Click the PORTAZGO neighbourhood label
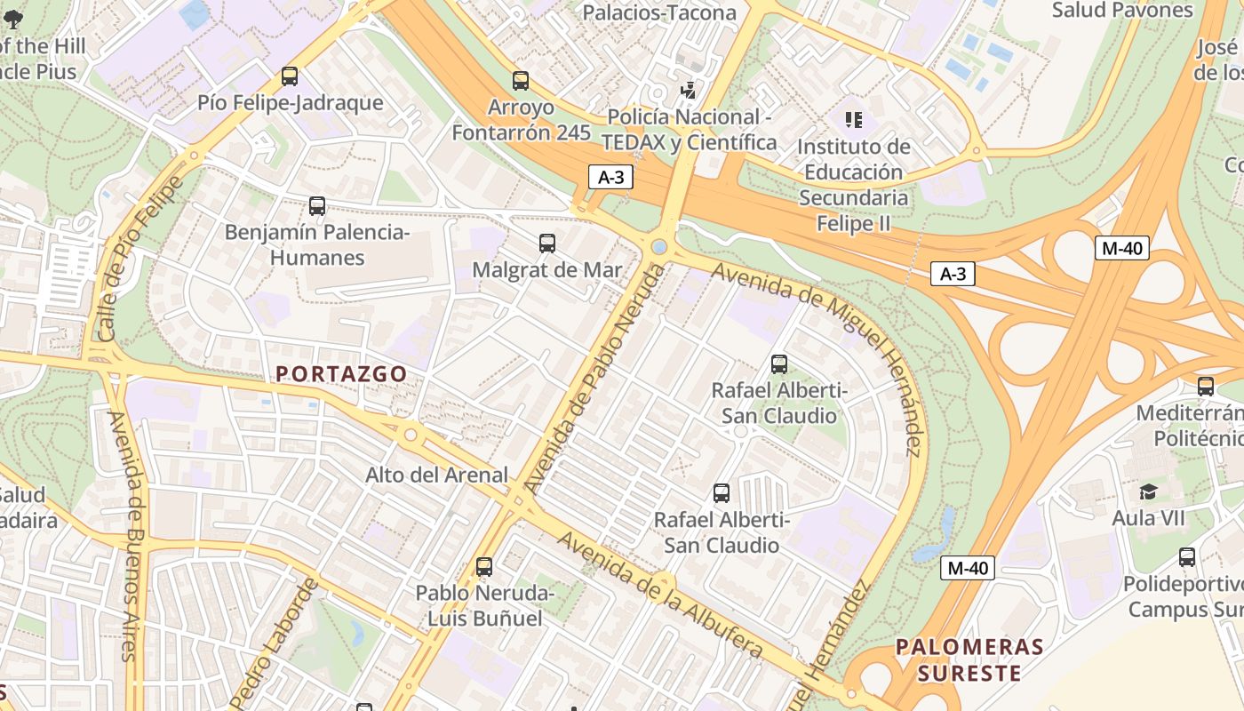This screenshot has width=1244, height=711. (x=341, y=374)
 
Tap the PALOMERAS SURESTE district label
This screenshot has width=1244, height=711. (x=969, y=659)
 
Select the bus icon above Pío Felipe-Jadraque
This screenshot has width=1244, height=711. (x=290, y=76)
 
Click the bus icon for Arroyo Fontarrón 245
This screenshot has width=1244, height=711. (x=521, y=81)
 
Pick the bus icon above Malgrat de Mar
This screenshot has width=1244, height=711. (x=547, y=243)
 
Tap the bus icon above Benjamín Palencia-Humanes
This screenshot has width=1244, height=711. (x=317, y=206)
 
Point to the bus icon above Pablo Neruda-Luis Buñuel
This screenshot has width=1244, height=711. (x=484, y=566)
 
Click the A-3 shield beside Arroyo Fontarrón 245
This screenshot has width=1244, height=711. (x=610, y=177)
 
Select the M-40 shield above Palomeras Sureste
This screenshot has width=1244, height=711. (x=967, y=568)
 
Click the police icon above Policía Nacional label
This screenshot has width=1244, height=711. (x=687, y=90)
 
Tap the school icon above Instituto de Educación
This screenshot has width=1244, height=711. (x=853, y=119)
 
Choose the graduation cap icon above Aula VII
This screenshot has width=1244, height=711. (x=1149, y=491)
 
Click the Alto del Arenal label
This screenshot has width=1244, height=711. (x=437, y=475)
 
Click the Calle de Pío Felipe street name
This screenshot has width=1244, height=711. (x=139, y=258)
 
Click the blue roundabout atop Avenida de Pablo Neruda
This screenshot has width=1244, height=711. (x=659, y=246)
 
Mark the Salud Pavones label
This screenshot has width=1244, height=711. (x=1122, y=11)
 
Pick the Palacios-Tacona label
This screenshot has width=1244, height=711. (x=659, y=12)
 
